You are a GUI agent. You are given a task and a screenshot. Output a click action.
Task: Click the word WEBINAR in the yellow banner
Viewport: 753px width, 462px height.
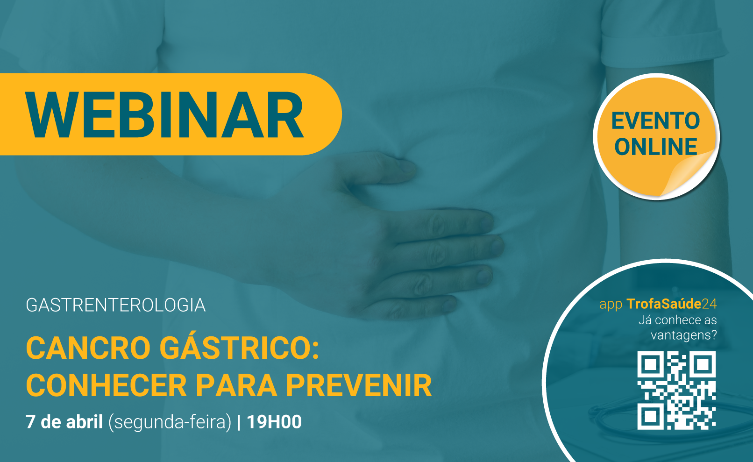[x=164, y=114]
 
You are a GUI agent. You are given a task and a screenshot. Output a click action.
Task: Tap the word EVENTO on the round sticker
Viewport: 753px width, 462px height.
[x=655, y=121]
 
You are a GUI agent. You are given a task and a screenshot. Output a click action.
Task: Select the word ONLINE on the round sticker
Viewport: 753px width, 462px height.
[x=655, y=147]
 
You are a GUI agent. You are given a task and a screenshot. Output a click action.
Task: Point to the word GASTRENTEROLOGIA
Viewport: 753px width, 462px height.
[x=116, y=306]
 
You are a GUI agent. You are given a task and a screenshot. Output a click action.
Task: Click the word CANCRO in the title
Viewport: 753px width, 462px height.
[x=88, y=348]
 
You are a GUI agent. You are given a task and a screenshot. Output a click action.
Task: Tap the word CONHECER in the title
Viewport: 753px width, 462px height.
[x=106, y=385]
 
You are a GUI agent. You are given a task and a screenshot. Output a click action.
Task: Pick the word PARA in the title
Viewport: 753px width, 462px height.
[x=236, y=385]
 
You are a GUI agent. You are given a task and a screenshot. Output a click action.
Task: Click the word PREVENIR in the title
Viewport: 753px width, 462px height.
[x=359, y=385]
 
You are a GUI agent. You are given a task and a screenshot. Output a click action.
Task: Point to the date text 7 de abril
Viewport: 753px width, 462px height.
[x=64, y=422]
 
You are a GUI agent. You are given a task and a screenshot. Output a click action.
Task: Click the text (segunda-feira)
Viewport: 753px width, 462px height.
[x=170, y=422]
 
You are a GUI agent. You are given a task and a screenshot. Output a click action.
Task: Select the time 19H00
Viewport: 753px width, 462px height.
[x=274, y=422]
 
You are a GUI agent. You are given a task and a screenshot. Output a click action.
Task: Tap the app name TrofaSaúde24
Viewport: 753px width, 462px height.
[x=672, y=304]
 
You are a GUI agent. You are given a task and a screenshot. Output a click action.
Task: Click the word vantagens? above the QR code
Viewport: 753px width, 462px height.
[x=684, y=335]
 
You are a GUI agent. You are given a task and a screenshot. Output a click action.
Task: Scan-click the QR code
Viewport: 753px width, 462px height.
[x=676, y=391]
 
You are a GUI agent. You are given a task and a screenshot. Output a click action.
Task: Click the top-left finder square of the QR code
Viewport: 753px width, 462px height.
[x=651, y=364]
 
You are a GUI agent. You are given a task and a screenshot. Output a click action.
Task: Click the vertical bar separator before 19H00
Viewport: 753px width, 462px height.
[x=239, y=422]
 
